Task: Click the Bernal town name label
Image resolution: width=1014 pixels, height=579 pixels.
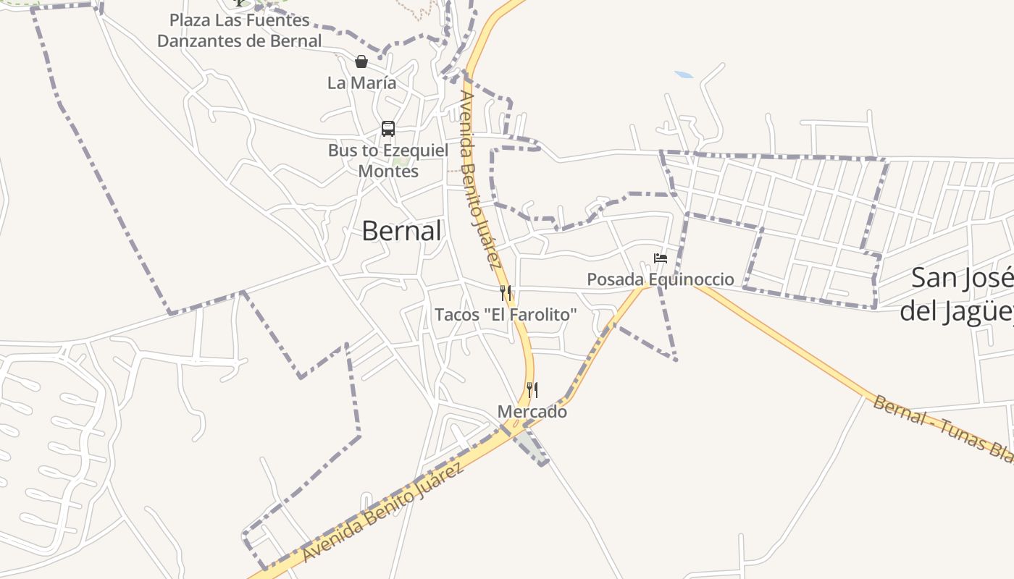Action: (401, 231)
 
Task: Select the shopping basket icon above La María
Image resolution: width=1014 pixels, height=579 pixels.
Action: (361, 62)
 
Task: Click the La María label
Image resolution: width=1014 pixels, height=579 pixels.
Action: (361, 83)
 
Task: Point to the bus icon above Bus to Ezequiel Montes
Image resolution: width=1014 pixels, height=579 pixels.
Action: (388, 129)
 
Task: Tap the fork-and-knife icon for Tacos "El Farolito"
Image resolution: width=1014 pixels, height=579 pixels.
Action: (506, 293)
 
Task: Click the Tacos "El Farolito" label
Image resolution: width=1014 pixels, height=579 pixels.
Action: (506, 315)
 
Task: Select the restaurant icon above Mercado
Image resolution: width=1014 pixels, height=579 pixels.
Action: (532, 390)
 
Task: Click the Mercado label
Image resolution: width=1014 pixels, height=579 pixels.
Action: (532, 412)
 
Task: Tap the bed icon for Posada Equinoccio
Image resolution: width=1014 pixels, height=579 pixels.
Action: (661, 258)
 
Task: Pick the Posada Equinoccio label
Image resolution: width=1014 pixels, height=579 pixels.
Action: (661, 279)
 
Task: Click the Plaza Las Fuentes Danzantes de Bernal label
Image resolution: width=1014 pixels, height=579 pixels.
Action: (240, 30)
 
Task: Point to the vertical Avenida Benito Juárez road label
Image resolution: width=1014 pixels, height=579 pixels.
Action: (480, 179)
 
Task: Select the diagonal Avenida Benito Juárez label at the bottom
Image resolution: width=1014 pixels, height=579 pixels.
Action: (382, 513)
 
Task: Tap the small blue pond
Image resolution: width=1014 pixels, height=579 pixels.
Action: (684, 75)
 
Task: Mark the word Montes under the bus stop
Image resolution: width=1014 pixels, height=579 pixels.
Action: (388, 172)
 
